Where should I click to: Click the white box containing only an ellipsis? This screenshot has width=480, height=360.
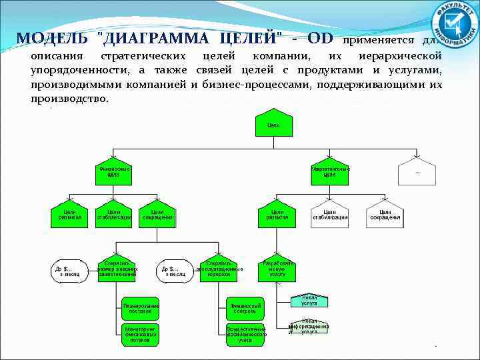click(417, 172)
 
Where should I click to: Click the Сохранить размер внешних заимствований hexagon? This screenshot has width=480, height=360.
click(117, 269)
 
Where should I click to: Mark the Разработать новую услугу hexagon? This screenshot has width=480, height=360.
click(278, 269)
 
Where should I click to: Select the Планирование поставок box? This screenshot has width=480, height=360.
click(141, 308)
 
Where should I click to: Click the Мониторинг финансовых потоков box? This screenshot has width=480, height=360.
click(141, 335)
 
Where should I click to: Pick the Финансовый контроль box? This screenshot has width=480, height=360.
click(245, 308)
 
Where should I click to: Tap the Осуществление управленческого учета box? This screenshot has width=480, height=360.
click(245, 335)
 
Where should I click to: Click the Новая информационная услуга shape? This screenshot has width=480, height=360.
click(309, 326)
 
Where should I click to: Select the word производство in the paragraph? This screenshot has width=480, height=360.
click(69, 99)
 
